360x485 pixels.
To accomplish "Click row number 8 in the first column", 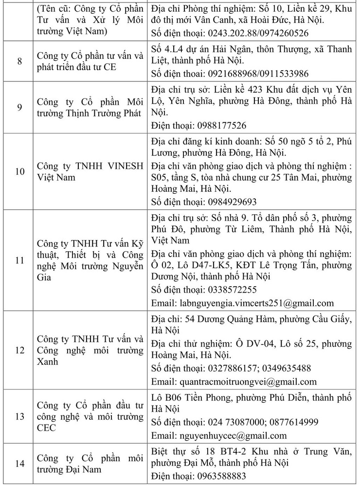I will coord(19,62).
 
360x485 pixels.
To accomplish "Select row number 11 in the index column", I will coord(19,260).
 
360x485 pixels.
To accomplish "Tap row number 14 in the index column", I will coord(19,464).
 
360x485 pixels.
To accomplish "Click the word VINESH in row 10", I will coord(122,166).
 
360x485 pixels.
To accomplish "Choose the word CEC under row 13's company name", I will coord(47,428).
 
